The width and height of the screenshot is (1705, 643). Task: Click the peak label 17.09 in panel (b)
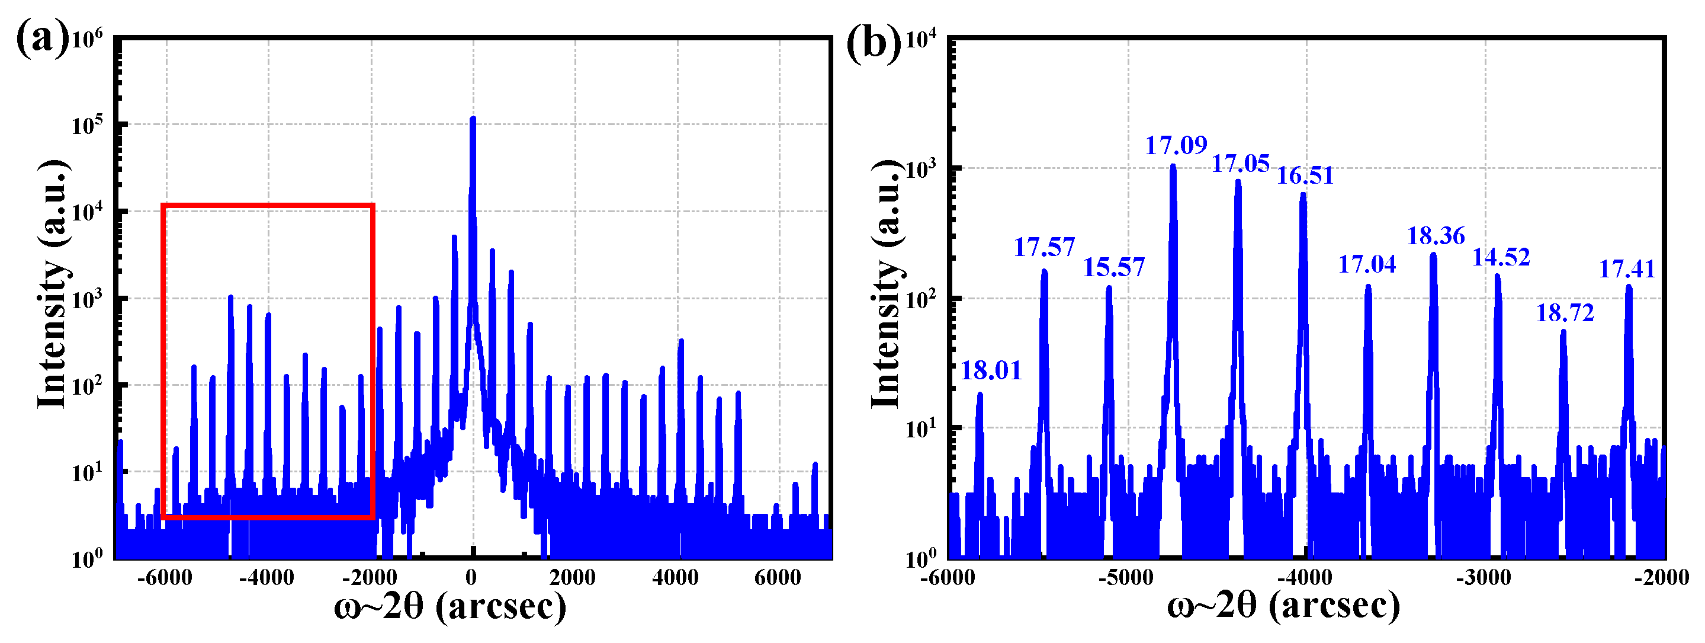tap(1176, 145)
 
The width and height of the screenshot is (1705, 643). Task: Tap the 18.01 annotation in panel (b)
tap(990, 371)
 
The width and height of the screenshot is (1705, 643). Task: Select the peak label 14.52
tap(1501, 257)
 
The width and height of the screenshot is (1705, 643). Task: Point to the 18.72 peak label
tap(1565, 312)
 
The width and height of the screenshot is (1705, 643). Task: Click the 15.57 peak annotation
tap(1113, 267)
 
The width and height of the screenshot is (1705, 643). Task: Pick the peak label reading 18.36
tap(1435, 236)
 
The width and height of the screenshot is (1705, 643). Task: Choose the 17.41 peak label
tap(1626, 270)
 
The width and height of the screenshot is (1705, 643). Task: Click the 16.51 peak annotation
tap(1304, 175)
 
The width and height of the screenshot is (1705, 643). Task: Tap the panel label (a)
tap(41, 40)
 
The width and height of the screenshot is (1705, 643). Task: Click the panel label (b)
tap(874, 43)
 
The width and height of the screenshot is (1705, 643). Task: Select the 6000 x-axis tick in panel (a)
tap(777, 578)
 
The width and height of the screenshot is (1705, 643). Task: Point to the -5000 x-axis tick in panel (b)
tap(1125, 578)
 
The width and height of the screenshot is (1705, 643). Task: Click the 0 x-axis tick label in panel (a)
tap(471, 578)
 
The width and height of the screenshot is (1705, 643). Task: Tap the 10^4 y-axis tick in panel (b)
tap(921, 40)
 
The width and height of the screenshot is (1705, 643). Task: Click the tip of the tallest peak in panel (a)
tap(473, 119)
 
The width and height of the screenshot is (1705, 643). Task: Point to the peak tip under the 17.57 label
tap(1043, 271)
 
